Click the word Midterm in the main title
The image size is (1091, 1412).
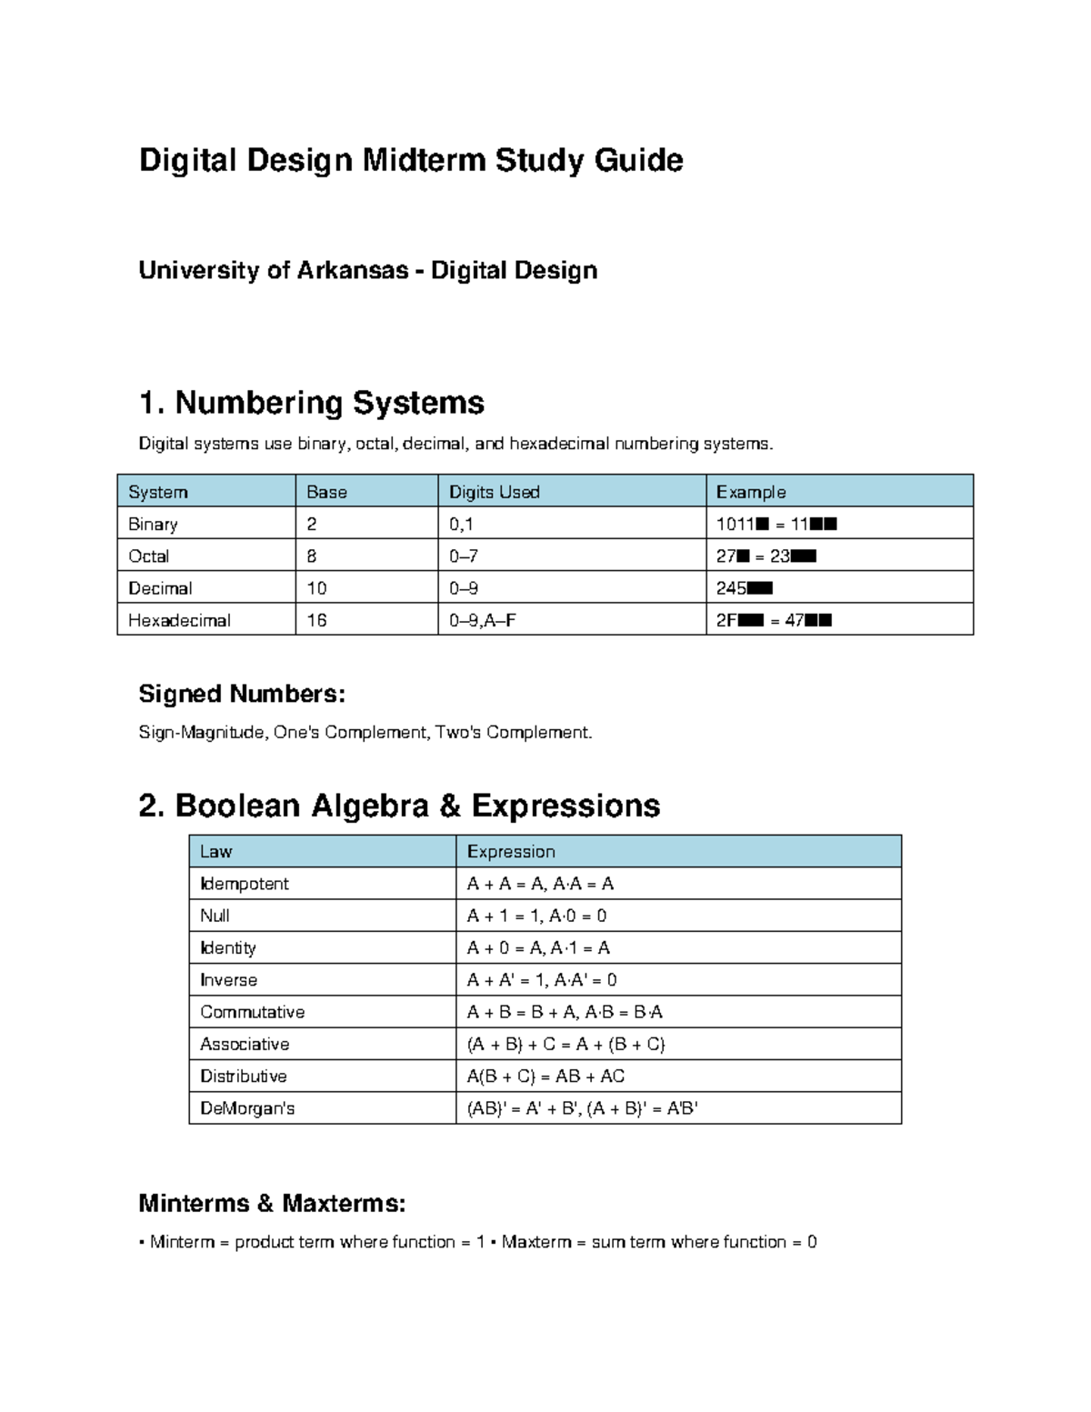point(424,160)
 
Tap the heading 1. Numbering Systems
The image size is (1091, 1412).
point(311,402)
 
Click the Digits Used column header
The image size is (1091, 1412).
point(494,492)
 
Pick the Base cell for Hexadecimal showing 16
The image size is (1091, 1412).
point(316,620)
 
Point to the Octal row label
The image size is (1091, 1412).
point(148,556)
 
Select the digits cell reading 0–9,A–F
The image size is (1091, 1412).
point(483,620)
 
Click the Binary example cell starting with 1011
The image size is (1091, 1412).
point(776,524)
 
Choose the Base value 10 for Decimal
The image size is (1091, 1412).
point(316,588)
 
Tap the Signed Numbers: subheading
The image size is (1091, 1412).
point(242,694)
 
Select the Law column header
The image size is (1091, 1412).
point(215,852)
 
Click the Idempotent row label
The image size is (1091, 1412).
point(244,884)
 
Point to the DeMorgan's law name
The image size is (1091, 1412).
point(247,1108)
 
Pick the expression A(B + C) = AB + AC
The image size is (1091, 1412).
point(545,1077)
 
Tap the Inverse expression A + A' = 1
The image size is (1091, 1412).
point(508,980)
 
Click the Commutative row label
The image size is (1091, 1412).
point(252,1012)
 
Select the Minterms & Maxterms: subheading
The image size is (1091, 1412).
point(272,1203)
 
